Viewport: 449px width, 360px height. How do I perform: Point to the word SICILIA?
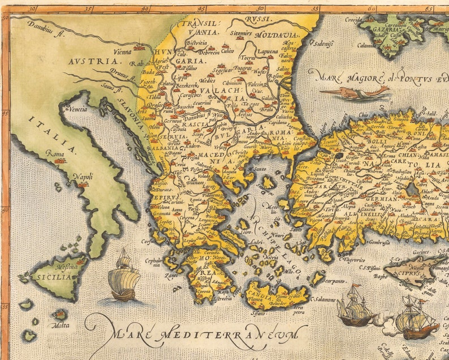click(x=53, y=277)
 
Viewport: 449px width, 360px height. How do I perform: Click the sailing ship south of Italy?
click(x=124, y=277)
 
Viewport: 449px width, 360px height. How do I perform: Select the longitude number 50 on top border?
click(x=260, y=8)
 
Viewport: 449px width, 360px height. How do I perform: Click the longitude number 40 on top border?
click(x=145, y=8)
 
